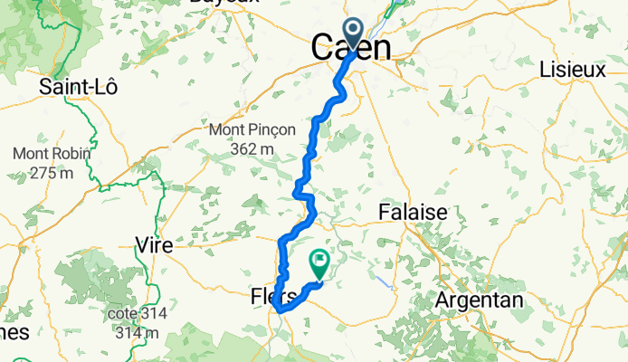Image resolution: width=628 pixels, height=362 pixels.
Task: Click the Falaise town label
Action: click(412, 212)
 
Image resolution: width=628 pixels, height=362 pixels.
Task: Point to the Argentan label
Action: click(479, 300)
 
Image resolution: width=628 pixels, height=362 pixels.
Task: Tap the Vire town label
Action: click(154, 244)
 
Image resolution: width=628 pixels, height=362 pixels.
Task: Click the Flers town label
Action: click(272, 296)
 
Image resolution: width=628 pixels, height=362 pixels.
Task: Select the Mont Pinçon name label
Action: click(252, 130)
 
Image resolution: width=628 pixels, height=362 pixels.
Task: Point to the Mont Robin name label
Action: click(51, 154)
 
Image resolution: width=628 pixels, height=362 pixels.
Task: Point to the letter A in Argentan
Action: click(442, 300)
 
